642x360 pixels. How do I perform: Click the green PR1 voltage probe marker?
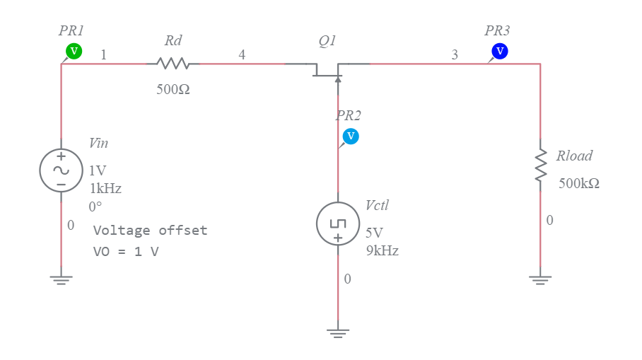(x=74, y=51)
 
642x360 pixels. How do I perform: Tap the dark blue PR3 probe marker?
(x=500, y=51)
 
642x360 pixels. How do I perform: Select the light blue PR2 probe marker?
(x=351, y=136)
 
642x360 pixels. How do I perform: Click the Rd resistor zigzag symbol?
(x=173, y=64)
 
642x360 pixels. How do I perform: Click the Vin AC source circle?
(x=62, y=170)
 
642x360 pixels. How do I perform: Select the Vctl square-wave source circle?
(x=338, y=223)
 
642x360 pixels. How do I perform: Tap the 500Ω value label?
(x=173, y=91)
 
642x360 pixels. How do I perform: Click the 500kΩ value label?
(x=578, y=183)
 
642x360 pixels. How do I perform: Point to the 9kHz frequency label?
(x=382, y=250)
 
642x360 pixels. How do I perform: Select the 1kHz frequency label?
(x=105, y=189)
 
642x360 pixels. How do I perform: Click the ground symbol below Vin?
(x=62, y=279)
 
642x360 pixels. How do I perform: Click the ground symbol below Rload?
(x=541, y=279)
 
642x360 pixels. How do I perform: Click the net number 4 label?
(x=242, y=54)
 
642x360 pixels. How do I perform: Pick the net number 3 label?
(x=455, y=54)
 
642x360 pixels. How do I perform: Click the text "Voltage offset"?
(x=151, y=230)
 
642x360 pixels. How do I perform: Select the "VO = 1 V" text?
(x=126, y=251)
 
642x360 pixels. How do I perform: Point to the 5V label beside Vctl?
(x=374, y=233)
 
